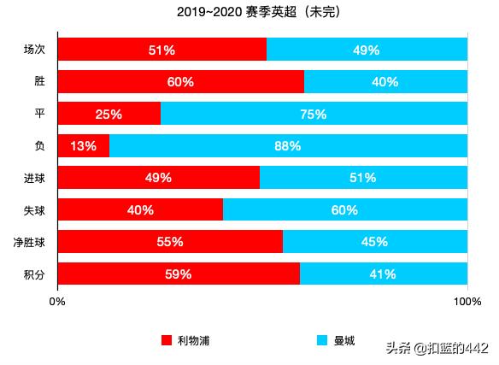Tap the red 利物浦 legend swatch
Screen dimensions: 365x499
point(167,340)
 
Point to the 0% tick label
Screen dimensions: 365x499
point(57,301)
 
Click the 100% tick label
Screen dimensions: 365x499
point(467,301)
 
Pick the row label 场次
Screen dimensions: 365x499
point(34,50)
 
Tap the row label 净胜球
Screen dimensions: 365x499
point(29,242)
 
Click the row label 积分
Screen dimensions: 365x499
point(34,274)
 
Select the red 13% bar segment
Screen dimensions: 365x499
point(83,146)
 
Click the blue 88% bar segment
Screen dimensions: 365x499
point(288,146)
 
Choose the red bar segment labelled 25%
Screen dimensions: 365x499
point(109,114)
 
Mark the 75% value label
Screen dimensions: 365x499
point(314,114)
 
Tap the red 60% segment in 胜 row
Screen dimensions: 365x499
point(180,82)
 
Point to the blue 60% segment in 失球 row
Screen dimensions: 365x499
point(345,209)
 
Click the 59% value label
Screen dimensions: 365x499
point(179,274)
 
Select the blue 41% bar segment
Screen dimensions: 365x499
point(384,274)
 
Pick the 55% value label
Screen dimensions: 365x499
point(170,242)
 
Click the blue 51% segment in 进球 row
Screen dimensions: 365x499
point(363,178)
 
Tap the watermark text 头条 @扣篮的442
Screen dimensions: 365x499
point(437,348)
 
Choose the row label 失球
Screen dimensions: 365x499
point(34,209)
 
